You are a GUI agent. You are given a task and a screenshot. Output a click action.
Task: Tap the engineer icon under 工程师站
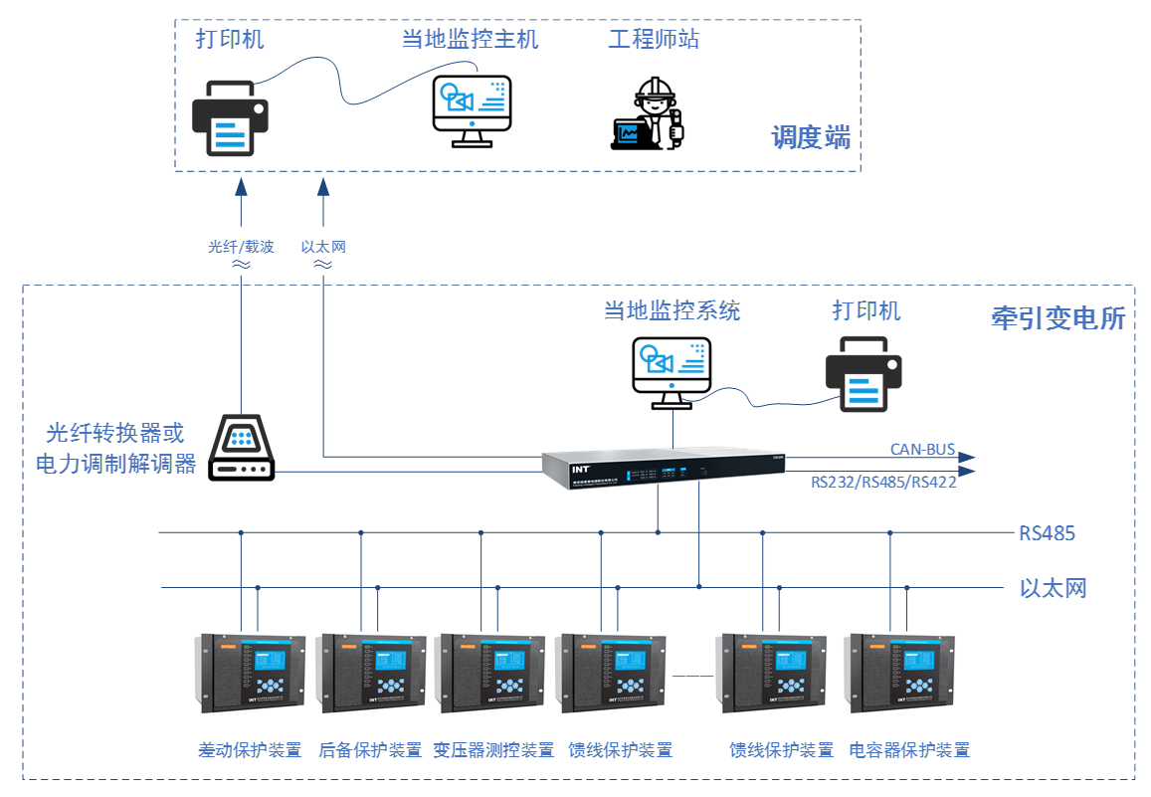648,113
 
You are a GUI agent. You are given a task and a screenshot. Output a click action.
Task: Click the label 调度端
811,137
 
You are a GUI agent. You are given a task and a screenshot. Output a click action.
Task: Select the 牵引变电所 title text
1058,318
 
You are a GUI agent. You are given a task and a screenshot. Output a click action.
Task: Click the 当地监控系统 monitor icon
671,371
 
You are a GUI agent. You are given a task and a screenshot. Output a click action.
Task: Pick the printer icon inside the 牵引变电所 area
863,373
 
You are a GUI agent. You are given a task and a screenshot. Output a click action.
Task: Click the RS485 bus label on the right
1047,533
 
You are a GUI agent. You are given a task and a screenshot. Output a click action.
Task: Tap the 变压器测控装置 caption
494,750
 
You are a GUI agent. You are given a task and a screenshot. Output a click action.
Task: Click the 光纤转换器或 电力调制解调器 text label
115,449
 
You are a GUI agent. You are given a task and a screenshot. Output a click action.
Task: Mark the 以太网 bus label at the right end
1053,588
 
